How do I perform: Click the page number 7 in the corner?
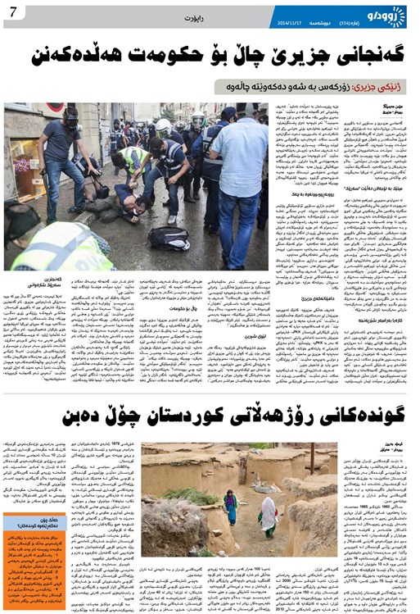14,11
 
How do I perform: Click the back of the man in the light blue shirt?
238,156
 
